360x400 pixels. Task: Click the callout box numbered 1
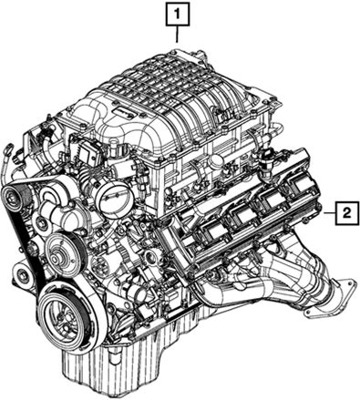pyautogui.click(x=178, y=14)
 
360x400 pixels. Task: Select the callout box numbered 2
pyautogui.click(x=347, y=213)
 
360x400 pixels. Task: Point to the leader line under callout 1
pyautogui.click(x=178, y=34)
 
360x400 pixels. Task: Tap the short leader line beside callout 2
pyautogui.click(x=330, y=213)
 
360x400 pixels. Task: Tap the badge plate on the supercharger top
pyautogui.click(x=125, y=112)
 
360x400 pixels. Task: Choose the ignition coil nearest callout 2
pyautogui.click(x=300, y=185)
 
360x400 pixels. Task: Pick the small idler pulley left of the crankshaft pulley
pyautogui.click(x=22, y=275)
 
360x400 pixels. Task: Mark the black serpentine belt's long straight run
pyautogui.click(x=26, y=248)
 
